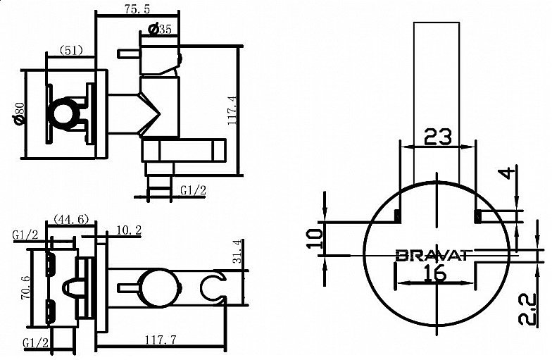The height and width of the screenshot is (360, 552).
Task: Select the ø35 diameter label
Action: pos(161,29)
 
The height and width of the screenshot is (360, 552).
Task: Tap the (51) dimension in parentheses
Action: pos(70,50)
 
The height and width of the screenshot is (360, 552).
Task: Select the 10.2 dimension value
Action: pos(129,230)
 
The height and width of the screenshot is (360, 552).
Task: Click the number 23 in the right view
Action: pos(438,137)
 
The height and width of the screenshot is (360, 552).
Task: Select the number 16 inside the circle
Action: pos(436,273)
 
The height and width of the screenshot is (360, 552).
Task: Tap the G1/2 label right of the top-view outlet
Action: pos(193,190)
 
